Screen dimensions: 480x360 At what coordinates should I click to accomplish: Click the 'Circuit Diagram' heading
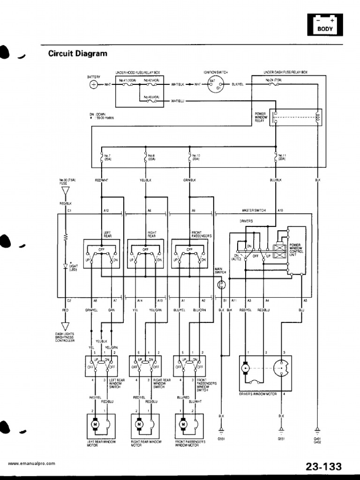click(x=78, y=53)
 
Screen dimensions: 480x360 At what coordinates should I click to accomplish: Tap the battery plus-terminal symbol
click(x=94, y=85)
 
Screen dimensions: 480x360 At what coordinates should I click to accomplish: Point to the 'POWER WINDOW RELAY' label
click(x=260, y=117)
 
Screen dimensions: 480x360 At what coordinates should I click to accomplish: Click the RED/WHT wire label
click(x=101, y=180)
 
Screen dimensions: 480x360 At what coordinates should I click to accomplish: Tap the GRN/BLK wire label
click(x=189, y=180)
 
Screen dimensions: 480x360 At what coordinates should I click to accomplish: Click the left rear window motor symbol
click(x=95, y=425)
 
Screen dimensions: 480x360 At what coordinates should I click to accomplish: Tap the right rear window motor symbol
click(x=139, y=425)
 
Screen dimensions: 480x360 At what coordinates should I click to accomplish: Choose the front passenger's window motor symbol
click(x=183, y=425)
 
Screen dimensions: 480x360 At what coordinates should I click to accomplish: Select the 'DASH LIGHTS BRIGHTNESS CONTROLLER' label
click(x=65, y=337)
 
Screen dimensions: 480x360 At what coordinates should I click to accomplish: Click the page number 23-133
click(x=324, y=466)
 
